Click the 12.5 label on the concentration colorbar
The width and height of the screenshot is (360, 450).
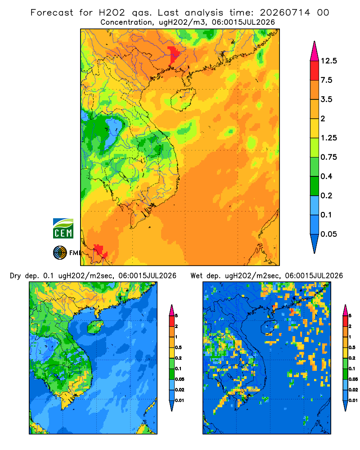click(x=328, y=61)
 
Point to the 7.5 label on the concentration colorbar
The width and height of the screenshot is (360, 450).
click(x=326, y=80)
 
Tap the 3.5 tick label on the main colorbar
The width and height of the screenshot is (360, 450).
click(x=326, y=99)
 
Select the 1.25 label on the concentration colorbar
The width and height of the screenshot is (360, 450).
click(x=328, y=138)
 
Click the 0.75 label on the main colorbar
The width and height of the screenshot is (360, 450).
click(x=328, y=157)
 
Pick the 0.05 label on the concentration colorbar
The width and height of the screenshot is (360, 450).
click(x=328, y=234)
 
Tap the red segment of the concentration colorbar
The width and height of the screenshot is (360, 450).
click(x=315, y=71)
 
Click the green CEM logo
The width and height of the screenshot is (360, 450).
click(x=63, y=229)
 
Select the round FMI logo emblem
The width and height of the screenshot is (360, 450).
click(x=60, y=253)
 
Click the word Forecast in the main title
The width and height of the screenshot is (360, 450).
click(x=52, y=13)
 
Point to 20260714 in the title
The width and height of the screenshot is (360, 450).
click(x=285, y=13)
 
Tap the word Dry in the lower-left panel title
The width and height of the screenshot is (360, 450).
click(x=15, y=276)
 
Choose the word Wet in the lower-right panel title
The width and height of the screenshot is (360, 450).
click(x=197, y=276)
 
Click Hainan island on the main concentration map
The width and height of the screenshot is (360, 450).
click(x=183, y=99)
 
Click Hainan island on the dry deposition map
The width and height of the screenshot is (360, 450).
click(x=95, y=327)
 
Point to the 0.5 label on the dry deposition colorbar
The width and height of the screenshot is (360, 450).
click(x=178, y=347)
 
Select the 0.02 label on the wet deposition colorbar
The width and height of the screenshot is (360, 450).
click(x=353, y=390)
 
